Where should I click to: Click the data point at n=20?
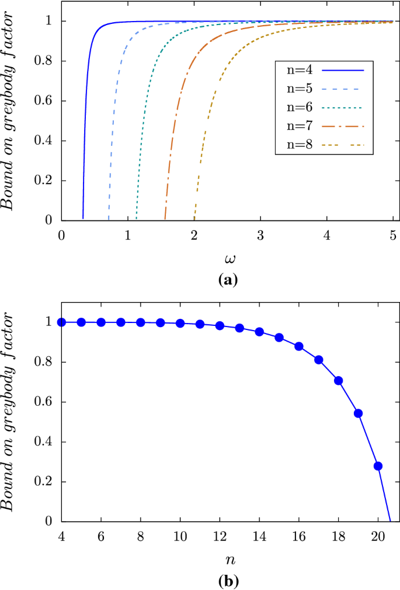click(378, 466)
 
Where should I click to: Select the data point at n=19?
click(359, 413)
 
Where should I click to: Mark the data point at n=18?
click(339, 381)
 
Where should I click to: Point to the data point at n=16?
click(299, 346)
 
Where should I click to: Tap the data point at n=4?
click(61, 322)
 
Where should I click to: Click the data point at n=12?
click(220, 326)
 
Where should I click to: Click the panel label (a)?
click(227, 280)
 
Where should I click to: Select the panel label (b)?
click(227, 581)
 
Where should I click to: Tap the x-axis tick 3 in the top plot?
click(260, 234)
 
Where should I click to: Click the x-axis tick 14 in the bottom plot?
click(259, 535)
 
